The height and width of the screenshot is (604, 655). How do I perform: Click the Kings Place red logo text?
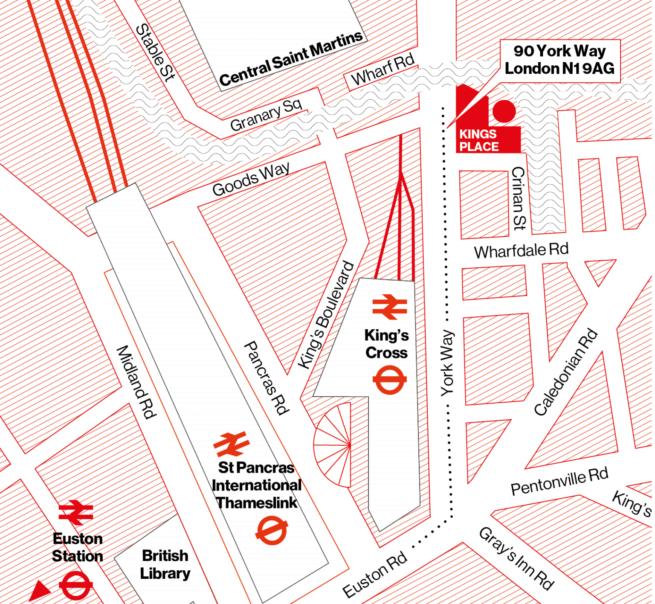click(x=478, y=140)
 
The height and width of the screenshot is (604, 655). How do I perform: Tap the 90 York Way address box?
click(x=559, y=60)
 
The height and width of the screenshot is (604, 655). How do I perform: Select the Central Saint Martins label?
click(x=291, y=58)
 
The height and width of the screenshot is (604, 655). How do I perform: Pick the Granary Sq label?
click(x=266, y=114)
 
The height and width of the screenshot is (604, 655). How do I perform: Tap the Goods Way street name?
click(x=251, y=179)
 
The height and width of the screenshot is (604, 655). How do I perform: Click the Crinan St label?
click(x=519, y=198)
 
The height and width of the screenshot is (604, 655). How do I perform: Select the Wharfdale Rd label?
click(x=521, y=251)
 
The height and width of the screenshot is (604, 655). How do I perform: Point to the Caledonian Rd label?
click(x=566, y=372)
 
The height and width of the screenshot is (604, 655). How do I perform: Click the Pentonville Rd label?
click(x=559, y=482)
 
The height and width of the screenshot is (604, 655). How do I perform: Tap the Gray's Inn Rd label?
click(x=516, y=558)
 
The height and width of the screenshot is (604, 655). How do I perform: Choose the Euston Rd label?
click(x=375, y=575)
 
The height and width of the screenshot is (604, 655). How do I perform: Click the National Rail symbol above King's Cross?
click(x=389, y=307)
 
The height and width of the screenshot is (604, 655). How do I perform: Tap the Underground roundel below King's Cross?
click(x=389, y=380)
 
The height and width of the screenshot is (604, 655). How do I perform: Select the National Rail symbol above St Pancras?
click(x=232, y=444)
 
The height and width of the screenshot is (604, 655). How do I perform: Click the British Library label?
click(x=165, y=564)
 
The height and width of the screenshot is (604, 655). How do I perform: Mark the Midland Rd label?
click(x=136, y=382)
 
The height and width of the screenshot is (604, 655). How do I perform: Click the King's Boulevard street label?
click(x=326, y=315)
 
